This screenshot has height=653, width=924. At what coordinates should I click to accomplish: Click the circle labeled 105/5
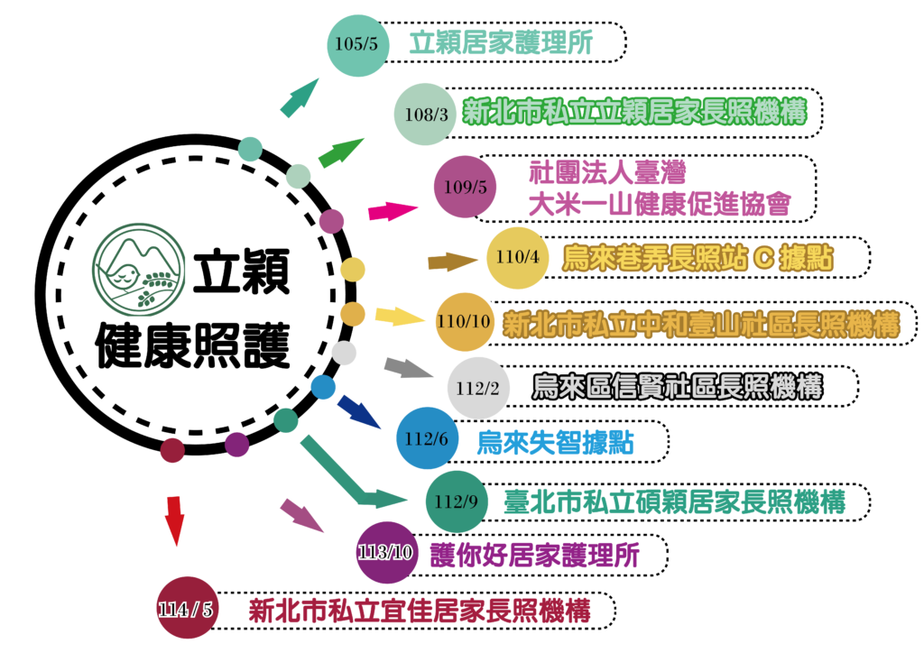[356, 44]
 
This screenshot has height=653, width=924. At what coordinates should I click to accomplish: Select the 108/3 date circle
[426, 115]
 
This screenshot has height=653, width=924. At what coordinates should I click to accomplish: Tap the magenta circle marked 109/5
[466, 188]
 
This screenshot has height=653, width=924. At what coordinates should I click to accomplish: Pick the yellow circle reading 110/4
[517, 257]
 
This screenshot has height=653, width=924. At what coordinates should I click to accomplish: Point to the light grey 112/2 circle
[478, 389]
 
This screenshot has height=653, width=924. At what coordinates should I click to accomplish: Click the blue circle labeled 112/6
[428, 439]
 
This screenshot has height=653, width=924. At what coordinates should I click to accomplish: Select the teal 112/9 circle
[457, 501]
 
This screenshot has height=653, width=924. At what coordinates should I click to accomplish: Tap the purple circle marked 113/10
[387, 552]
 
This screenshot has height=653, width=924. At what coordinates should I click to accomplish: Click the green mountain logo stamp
[139, 270]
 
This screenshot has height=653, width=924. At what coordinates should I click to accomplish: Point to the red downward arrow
[175, 520]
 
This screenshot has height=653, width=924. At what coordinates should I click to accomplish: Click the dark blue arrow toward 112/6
[358, 411]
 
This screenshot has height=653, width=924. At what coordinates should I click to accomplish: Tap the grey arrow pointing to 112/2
[409, 368]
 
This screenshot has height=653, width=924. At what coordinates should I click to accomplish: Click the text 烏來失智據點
[555, 443]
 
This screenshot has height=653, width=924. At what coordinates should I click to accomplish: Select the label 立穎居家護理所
[501, 43]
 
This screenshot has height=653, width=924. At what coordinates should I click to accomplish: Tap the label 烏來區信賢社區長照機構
[678, 388]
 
